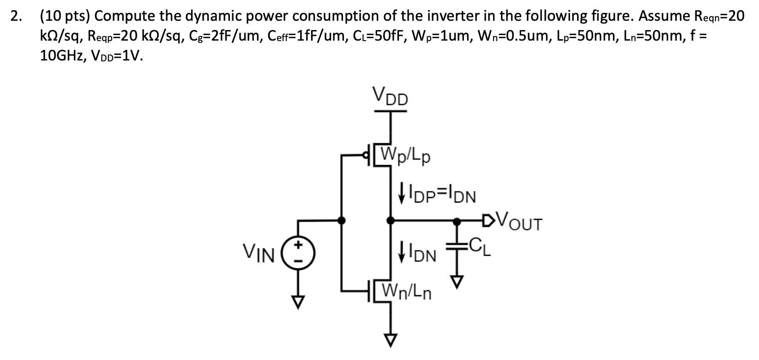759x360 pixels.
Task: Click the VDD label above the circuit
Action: pyautogui.click(x=390, y=97)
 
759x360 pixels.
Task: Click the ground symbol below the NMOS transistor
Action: pyautogui.click(x=391, y=340)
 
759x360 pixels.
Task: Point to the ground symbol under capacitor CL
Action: pyautogui.click(x=458, y=281)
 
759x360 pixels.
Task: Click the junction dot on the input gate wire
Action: pyautogui.click(x=342, y=221)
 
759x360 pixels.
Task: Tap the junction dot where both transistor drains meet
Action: pyautogui.click(x=391, y=221)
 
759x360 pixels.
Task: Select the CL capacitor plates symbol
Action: pyautogui.click(x=458, y=246)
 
